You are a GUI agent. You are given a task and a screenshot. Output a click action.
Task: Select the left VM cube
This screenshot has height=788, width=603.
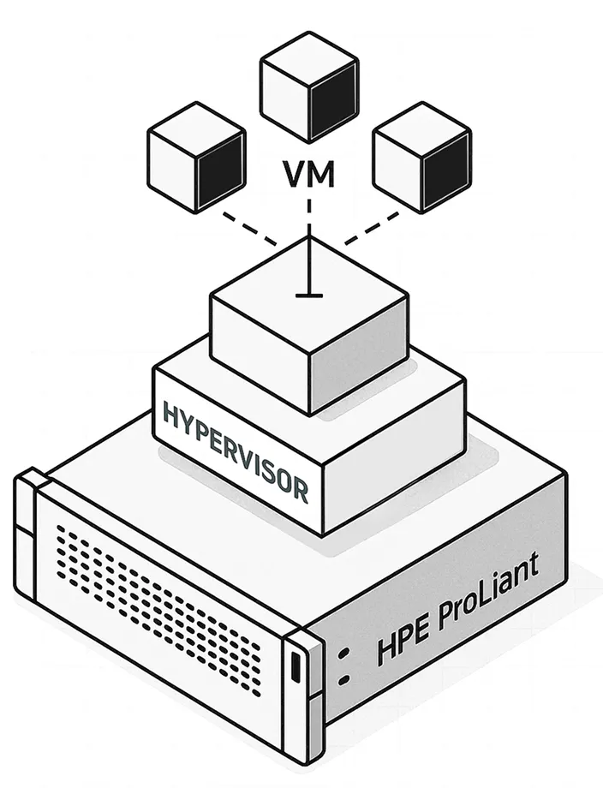(x=196, y=156)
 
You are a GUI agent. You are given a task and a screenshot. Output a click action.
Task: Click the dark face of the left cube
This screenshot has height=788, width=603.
(x=219, y=168)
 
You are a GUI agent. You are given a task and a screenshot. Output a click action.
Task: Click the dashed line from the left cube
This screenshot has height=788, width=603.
(x=248, y=229)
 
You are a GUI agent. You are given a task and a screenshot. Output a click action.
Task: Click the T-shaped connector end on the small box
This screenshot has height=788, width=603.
(x=308, y=294)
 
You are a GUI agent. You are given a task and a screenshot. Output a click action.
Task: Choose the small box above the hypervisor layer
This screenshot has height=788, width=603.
(x=308, y=325)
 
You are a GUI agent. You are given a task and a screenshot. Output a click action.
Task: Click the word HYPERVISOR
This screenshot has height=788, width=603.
(x=235, y=450)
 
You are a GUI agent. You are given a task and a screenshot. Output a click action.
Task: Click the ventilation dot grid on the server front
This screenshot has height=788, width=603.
(x=158, y=600)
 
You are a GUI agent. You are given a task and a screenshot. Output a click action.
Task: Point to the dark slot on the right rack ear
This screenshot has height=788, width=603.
(x=296, y=668)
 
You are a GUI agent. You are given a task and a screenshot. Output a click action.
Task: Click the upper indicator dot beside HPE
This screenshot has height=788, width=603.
(x=344, y=654)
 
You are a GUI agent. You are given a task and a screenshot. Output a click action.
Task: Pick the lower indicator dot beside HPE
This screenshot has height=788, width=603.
(x=344, y=681)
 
